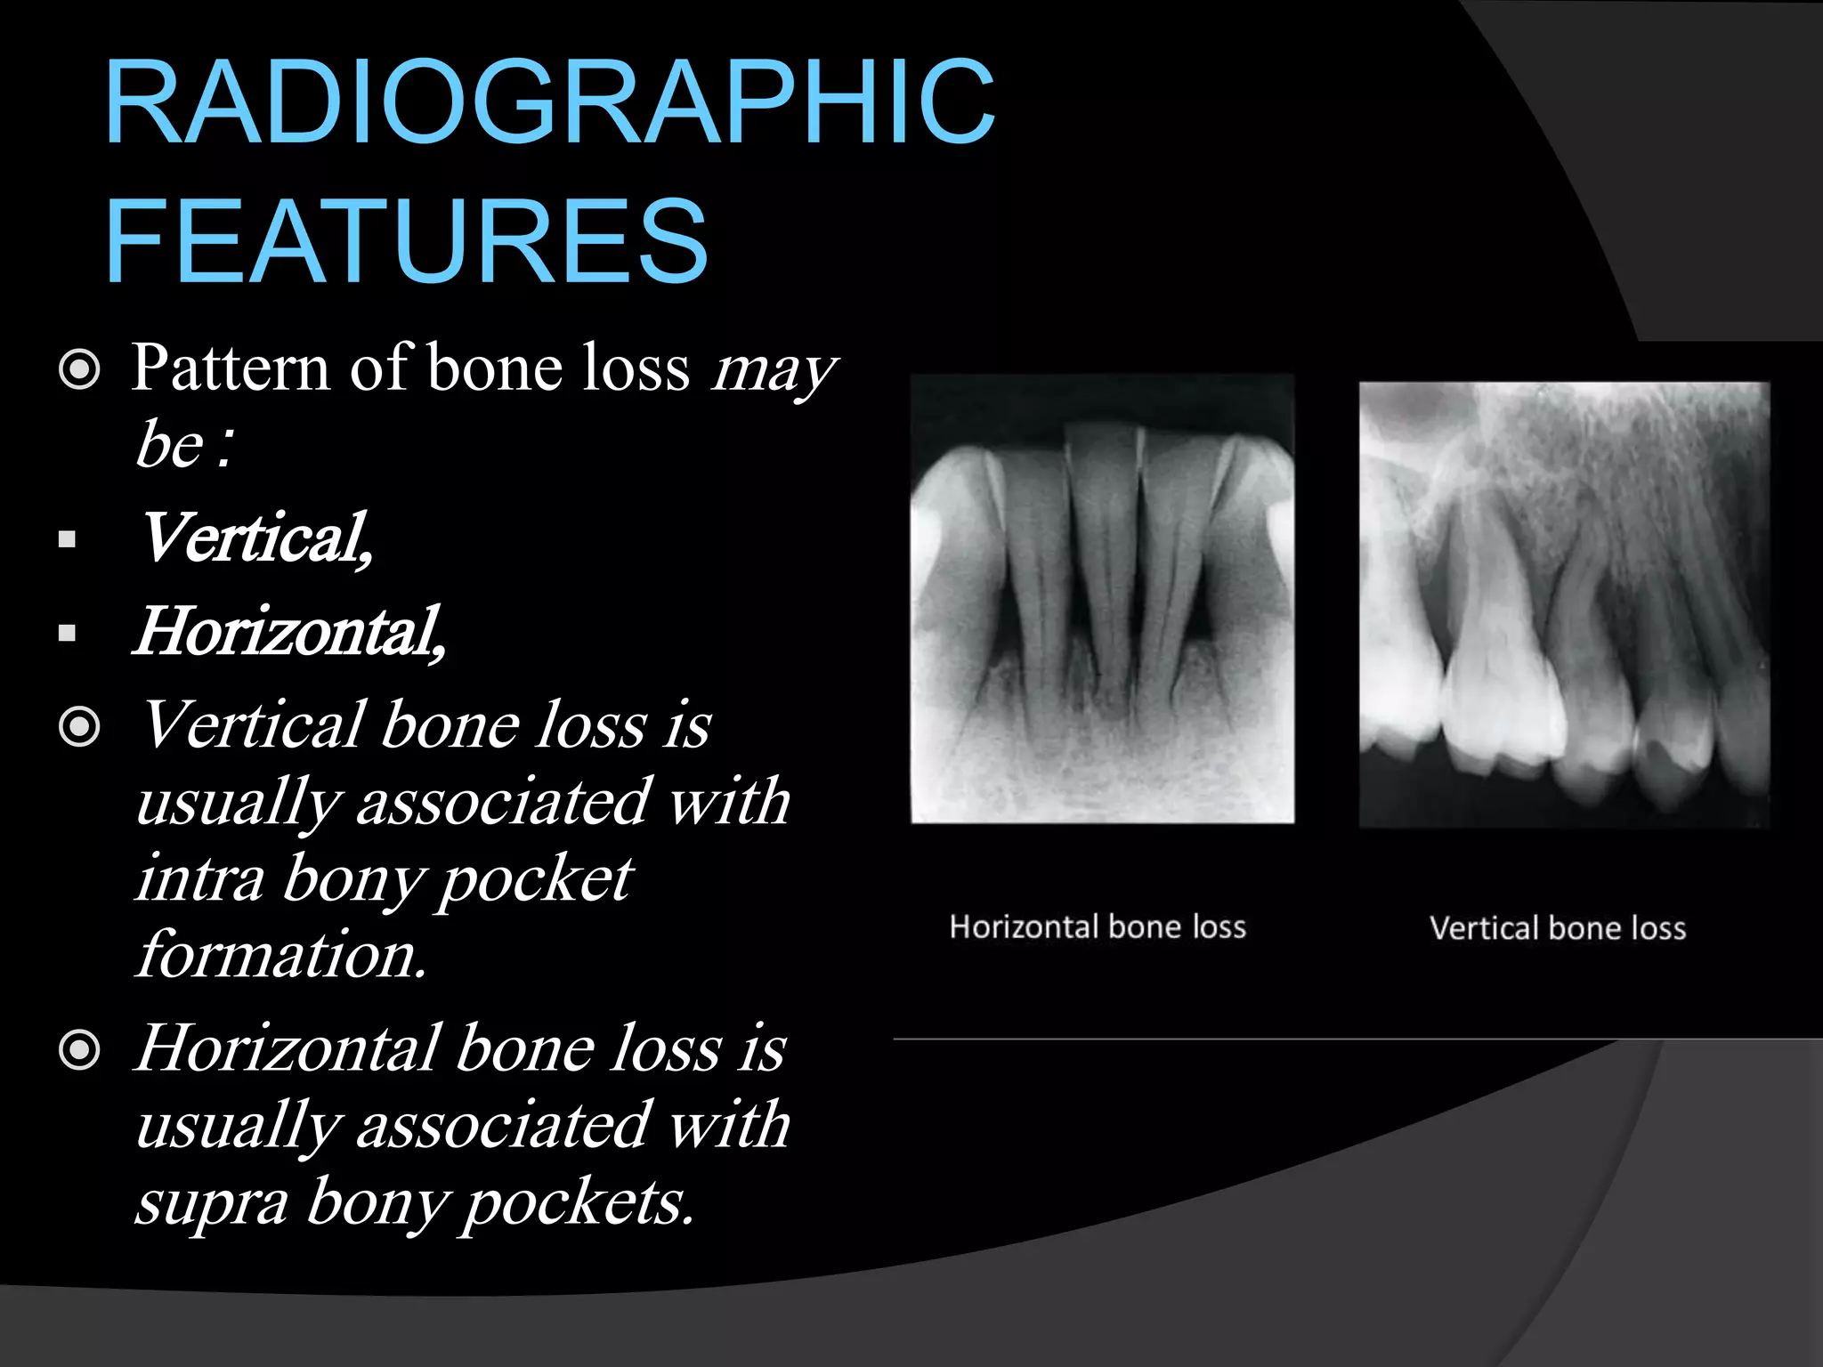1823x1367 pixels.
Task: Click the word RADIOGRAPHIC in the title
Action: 549,101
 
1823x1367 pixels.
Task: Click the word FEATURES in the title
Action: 406,242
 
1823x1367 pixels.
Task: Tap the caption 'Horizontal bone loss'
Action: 1098,927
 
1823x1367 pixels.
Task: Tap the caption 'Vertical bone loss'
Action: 1558,929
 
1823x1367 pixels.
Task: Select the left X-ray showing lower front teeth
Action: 1102,599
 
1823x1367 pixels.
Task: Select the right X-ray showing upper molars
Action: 1564,604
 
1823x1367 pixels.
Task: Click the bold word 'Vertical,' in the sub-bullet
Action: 255,538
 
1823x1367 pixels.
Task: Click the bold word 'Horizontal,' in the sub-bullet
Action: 289,632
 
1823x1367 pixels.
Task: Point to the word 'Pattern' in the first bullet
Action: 231,368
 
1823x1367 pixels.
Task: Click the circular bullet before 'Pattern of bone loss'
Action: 79,369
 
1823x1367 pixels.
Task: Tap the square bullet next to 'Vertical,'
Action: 67,539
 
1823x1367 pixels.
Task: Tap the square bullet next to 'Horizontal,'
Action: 67,634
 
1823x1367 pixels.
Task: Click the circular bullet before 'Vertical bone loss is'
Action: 79,727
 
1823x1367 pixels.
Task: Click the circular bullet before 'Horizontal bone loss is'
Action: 79,1050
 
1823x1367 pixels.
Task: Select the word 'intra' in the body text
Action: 200,879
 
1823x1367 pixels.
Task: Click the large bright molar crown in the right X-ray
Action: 1504,703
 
